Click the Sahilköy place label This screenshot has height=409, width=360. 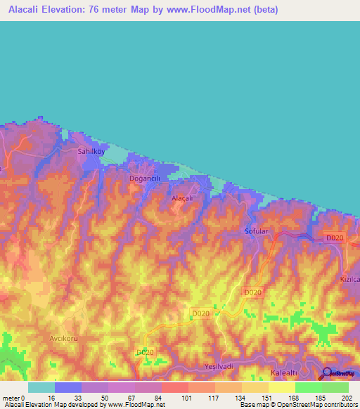click(x=90, y=150)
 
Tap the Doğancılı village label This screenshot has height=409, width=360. click(x=146, y=178)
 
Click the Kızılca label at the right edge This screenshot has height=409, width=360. click(x=349, y=279)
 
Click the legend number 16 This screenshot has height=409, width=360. click(x=51, y=397)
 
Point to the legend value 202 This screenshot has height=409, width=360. click(x=345, y=397)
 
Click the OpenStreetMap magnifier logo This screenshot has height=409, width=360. click(x=326, y=374)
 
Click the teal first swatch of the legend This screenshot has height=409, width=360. click(x=41, y=387)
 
